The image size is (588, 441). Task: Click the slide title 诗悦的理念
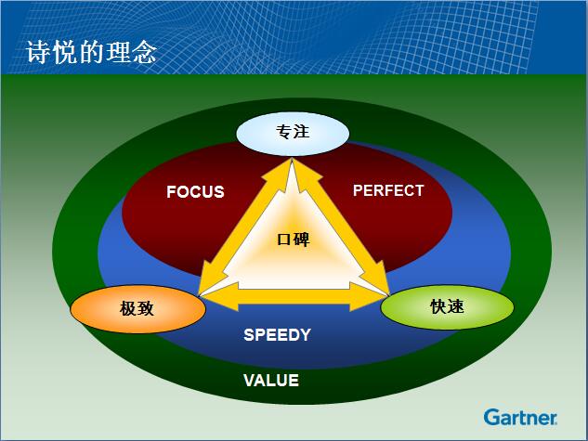coord(91,52)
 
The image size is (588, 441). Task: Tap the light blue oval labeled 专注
coord(293,134)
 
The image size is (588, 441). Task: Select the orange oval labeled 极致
coord(138,309)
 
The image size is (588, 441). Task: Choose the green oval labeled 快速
coord(447,307)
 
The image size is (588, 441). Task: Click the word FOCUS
coord(195,192)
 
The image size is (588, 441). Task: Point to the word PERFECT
coord(388,190)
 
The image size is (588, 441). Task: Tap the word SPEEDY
coord(278,334)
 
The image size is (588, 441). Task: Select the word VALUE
coord(271,381)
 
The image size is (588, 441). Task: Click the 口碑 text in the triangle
coord(294,240)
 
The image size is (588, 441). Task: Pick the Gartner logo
coord(520,418)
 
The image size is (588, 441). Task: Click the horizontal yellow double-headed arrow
coord(294,296)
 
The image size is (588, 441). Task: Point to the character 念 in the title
coord(144,52)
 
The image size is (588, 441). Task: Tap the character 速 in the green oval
coord(455,307)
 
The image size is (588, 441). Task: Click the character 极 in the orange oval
coord(128,309)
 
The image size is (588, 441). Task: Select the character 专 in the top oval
coord(284,132)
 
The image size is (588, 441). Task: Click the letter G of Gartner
coord(491,417)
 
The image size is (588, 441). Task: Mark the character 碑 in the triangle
coord(302,240)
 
